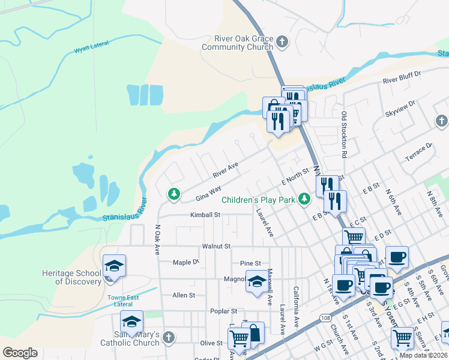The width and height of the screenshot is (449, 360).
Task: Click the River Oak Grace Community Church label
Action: click(x=238, y=43)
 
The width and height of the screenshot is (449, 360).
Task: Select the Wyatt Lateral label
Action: click(x=89, y=51)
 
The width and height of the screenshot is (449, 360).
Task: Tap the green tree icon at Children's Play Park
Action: click(x=304, y=197)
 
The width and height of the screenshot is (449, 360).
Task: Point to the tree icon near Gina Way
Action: click(x=173, y=193)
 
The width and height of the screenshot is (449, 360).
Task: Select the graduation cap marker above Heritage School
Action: click(x=114, y=265)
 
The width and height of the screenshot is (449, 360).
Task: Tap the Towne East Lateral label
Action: click(x=123, y=301)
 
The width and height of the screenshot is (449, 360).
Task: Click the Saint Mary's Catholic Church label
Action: click(x=137, y=338)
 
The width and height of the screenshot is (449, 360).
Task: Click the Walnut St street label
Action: click(x=216, y=246)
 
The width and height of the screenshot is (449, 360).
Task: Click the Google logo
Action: click(x=20, y=352)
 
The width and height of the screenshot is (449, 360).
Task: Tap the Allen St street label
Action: click(x=184, y=295)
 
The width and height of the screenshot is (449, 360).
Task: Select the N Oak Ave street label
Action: click(x=157, y=240)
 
